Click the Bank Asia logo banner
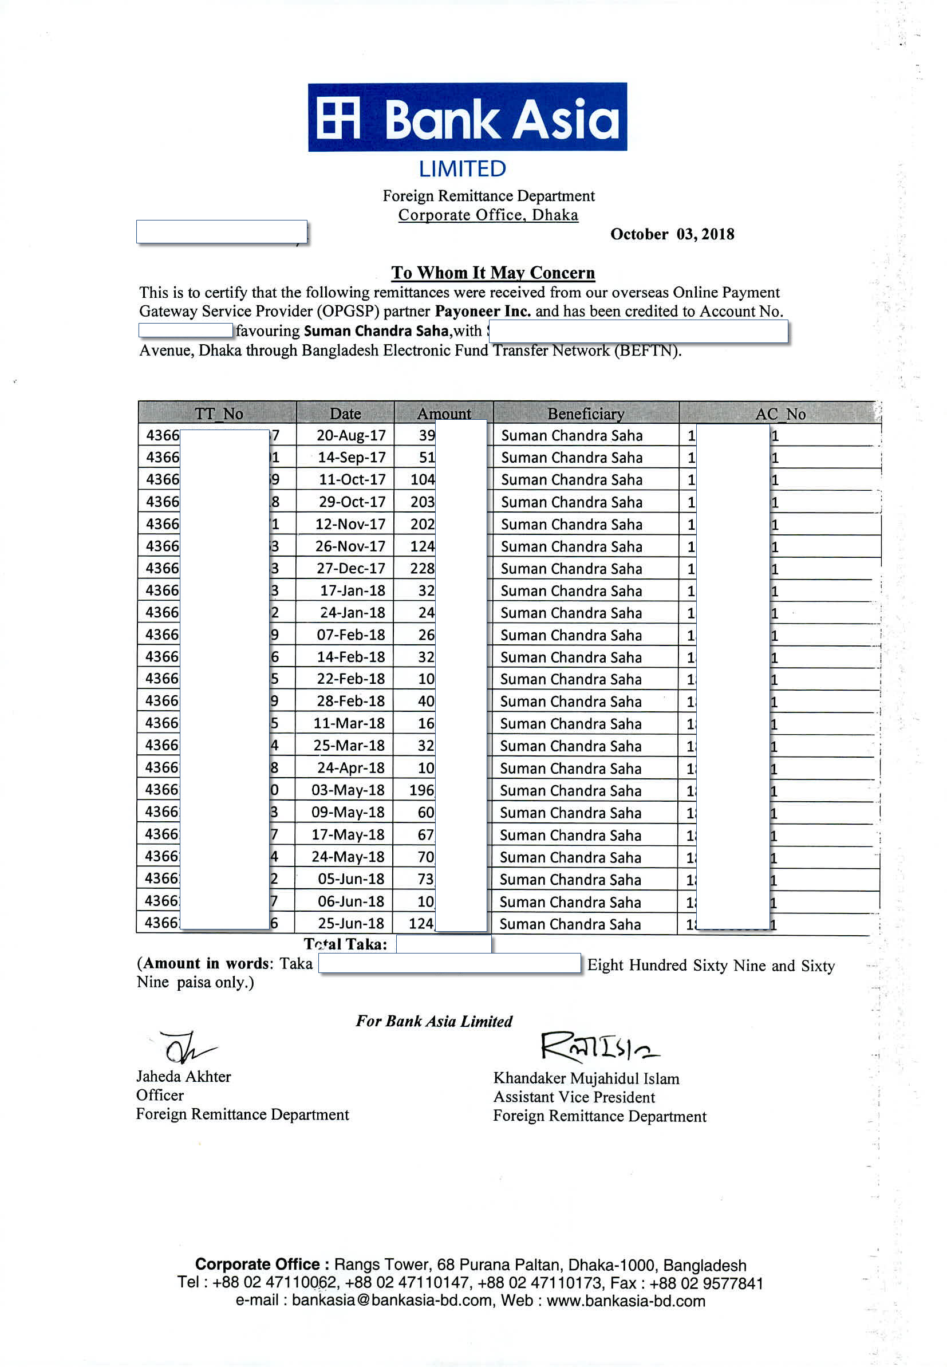pyautogui.click(x=467, y=117)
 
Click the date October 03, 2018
pyautogui.click(x=672, y=234)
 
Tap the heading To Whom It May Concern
pyautogui.click(x=492, y=273)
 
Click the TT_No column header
pyautogui.click(x=218, y=413)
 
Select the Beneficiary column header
pyautogui.click(x=585, y=413)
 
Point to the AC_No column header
pyautogui.click(x=780, y=414)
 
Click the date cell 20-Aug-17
pyautogui.click(x=350, y=435)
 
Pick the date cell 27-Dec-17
pyautogui.click(x=350, y=569)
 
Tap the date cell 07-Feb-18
pyautogui.click(x=350, y=635)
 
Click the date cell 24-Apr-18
pyautogui.click(x=350, y=768)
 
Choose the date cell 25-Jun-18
pyautogui.click(x=350, y=923)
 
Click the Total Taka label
pyautogui.click(x=345, y=943)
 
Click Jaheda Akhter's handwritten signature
pyautogui.click(x=186, y=1049)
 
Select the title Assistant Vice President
pyautogui.click(x=574, y=1097)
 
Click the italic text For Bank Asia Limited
pyautogui.click(x=434, y=1021)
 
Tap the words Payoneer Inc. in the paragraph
pyautogui.click(x=483, y=312)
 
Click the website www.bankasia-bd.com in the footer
pyautogui.click(x=625, y=1301)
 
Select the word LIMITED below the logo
pyautogui.click(x=462, y=169)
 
